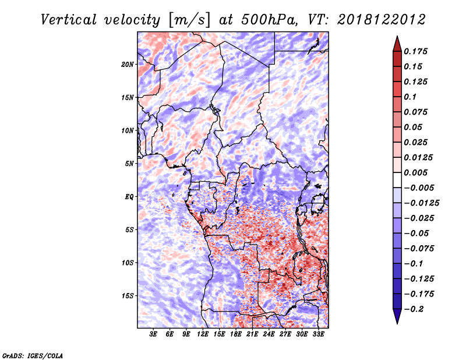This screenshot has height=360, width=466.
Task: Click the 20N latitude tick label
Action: click(x=128, y=64)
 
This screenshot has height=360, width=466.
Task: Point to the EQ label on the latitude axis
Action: click(x=129, y=197)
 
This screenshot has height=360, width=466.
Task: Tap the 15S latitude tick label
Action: click(x=128, y=296)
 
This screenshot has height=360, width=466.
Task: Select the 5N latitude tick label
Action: click(x=129, y=164)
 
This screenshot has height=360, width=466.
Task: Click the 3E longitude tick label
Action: click(x=154, y=334)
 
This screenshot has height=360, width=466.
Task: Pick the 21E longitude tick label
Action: click(x=252, y=334)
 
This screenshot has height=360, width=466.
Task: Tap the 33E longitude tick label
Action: click(x=318, y=334)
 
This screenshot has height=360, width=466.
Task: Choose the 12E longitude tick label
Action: click(x=203, y=334)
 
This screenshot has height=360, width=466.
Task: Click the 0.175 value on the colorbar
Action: click(x=417, y=52)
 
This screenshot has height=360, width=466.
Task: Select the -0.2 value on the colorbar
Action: click(x=415, y=309)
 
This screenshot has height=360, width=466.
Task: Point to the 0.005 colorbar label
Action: click(x=417, y=173)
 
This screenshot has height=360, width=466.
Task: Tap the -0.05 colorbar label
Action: click(x=417, y=234)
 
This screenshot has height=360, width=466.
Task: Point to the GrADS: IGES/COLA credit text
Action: click(x=32, y=355)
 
